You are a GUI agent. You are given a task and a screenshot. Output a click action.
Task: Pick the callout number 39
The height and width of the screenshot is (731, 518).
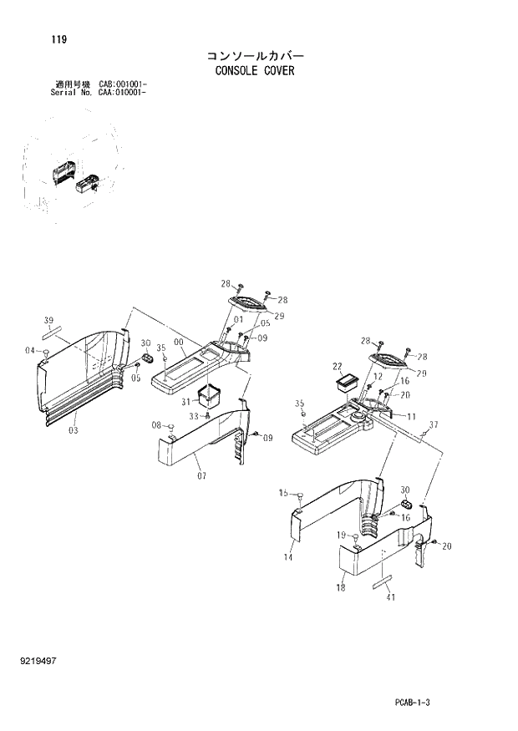(49, 320)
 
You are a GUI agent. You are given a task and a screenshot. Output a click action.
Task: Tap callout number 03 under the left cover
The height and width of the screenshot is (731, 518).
(74, 430)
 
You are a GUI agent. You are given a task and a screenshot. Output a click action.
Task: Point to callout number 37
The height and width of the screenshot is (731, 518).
(433, 425)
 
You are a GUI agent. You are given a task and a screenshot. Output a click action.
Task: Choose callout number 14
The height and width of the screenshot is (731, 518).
(288, 556)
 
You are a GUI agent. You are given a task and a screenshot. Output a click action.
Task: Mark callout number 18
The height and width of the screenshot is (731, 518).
(341, 588)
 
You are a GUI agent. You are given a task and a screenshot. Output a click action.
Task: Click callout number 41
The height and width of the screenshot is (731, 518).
(389, 597)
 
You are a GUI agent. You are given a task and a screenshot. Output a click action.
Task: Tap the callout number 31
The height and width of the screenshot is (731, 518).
(185, 401)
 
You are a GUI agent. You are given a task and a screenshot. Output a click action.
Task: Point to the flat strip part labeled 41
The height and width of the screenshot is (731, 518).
(383, 581)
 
